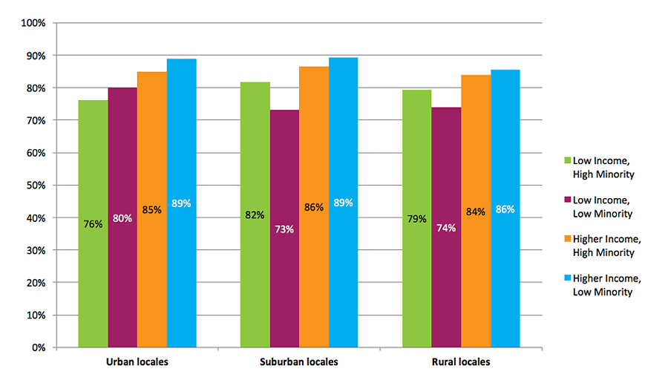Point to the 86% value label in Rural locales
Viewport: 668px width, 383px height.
(505, 209)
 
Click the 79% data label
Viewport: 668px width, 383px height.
(416, 219)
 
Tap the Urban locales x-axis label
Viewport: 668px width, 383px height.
(137, 362)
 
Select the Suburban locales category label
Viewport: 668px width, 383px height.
(299, 362)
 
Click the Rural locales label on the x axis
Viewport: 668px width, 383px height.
(461, 362)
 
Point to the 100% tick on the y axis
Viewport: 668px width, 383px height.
(33, 23)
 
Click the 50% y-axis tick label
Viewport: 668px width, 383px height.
(35, 186)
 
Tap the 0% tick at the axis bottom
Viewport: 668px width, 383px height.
(38, 347)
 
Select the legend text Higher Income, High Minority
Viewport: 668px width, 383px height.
(606, 246)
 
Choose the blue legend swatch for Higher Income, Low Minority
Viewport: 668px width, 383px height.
(568, 278)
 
